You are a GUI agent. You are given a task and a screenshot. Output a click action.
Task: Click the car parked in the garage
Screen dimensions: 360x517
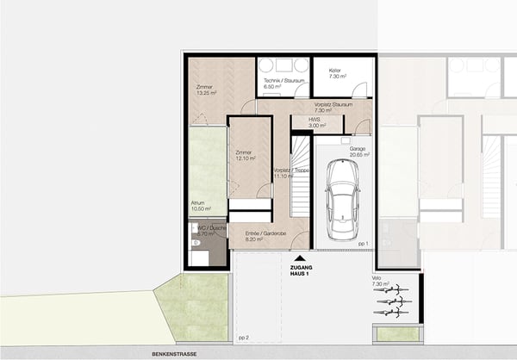[x=343, y=200]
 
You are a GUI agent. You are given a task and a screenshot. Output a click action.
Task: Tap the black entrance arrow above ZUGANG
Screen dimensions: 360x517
[x=299, y=258]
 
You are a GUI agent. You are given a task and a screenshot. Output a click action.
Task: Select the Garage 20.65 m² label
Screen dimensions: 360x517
[x=358, y=153]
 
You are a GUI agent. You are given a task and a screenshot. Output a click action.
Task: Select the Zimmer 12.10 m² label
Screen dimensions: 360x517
[x=246, y=156]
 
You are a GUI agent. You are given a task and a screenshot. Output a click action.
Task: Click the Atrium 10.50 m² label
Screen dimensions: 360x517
[x=202, y=207]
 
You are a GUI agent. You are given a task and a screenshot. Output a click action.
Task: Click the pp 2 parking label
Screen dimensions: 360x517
[x=243, y=338]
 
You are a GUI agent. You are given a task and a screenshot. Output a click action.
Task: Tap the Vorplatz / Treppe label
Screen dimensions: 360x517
[x=290, y=171]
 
